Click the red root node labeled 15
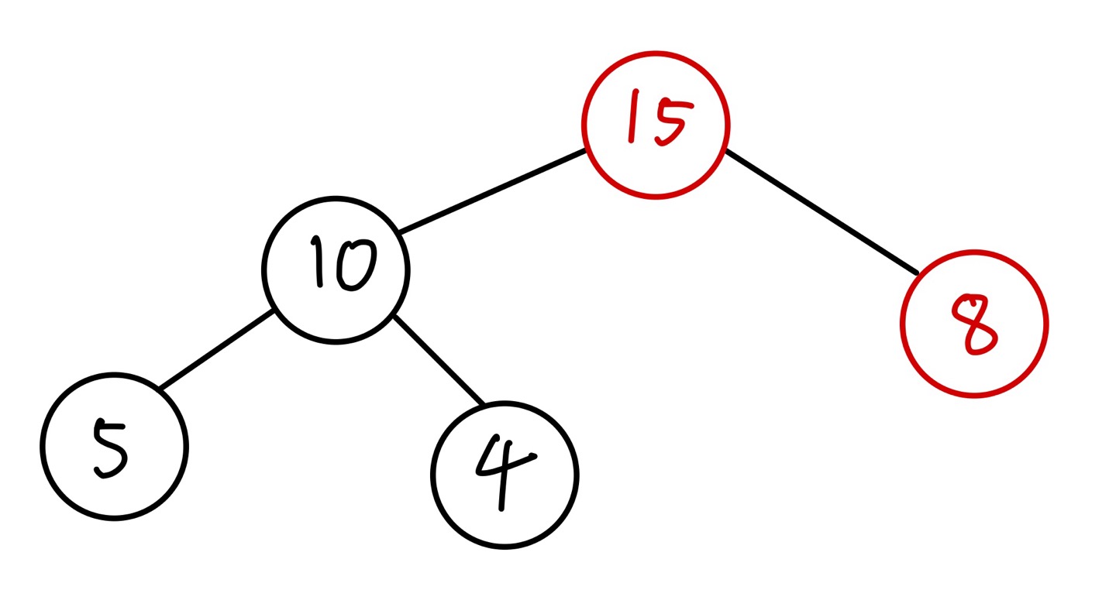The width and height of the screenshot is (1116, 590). [x=656, y=125]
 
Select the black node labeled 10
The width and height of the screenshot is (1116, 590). [x=336, y=269]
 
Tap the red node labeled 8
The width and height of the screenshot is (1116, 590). [x=974, y=324]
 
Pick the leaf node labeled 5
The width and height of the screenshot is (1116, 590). [x=114, y=446]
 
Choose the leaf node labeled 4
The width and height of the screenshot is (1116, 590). [x=505, y=475]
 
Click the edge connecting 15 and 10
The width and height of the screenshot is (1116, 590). [x=492, y=190]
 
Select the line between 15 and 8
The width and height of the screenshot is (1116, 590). [x=821, y=211]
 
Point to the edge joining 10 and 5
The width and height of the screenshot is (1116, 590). [x=216, y=348]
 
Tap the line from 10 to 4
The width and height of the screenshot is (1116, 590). [x=438, y=360]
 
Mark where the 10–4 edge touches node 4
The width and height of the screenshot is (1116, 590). [x=482, y=404]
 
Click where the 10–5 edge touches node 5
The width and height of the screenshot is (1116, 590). [x=160, y=387]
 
